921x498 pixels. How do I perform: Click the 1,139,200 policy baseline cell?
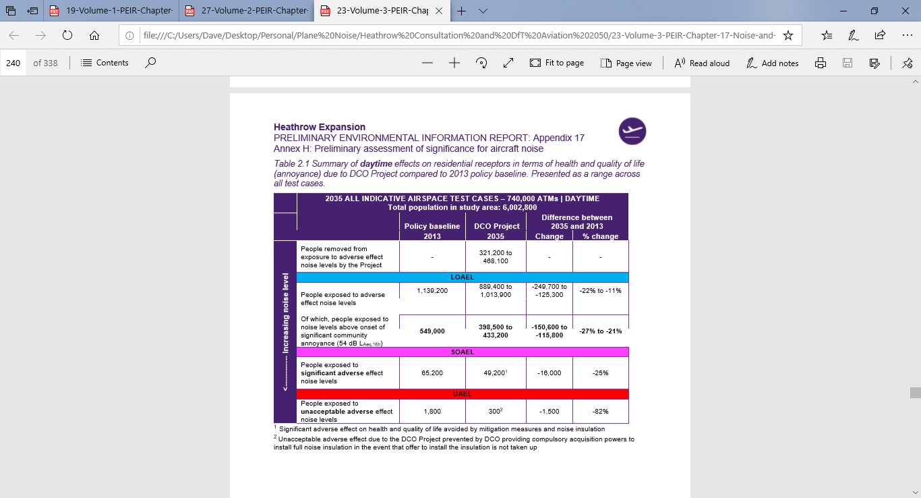point(432,290)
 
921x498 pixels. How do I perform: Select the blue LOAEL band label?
point(463,277)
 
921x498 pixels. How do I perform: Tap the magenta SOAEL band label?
point(463,352)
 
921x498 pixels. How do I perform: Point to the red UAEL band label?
point(463,394)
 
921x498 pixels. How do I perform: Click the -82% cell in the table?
point(600,411)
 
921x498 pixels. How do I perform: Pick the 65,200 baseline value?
point(432,372)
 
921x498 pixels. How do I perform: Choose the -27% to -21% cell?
point(600,331)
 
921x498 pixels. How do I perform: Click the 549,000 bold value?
point(432,331)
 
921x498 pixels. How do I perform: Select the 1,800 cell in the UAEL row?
point(432,411)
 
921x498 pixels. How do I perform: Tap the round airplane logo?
point(632,131)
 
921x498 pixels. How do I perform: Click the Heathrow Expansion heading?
point(320,127)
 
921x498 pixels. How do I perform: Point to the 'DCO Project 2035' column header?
point(496,231)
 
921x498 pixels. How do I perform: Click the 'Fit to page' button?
point(557,63)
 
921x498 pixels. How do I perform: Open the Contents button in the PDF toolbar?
point(105,63)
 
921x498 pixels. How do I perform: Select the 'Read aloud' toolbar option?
point(702,63)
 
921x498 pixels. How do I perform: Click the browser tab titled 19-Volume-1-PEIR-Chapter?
point(112,11)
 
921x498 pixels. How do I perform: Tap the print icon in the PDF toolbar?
point(821,63)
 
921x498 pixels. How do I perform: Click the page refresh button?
point(67,36)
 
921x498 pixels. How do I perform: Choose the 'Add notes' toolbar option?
point(773,63)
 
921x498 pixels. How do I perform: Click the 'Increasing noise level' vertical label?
point(285,331)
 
